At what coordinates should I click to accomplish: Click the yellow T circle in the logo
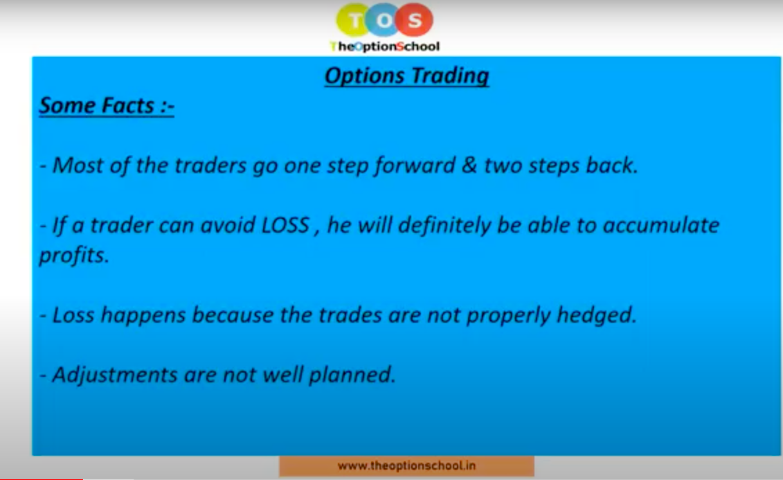click(354, 20)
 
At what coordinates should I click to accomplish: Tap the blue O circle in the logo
click(384, 20)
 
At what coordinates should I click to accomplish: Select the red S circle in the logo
click(415, 20)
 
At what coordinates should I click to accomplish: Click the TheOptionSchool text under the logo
click(384, 46)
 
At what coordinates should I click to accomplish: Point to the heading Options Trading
click(406, 76)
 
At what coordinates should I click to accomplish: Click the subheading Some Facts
click(107, 105)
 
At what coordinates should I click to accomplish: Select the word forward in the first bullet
click(415, 166)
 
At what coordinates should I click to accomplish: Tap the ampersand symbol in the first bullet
click(469, 166)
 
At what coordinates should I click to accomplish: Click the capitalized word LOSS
click(285, 225)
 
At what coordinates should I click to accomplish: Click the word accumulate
click(660, 225)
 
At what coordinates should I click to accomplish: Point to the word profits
click(73, 255)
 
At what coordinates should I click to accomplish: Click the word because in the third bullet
click(232, 314)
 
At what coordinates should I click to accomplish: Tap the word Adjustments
click(114, 375)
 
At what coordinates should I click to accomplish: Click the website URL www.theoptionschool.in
click(406, 465)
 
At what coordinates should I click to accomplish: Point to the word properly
click(508, 315)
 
